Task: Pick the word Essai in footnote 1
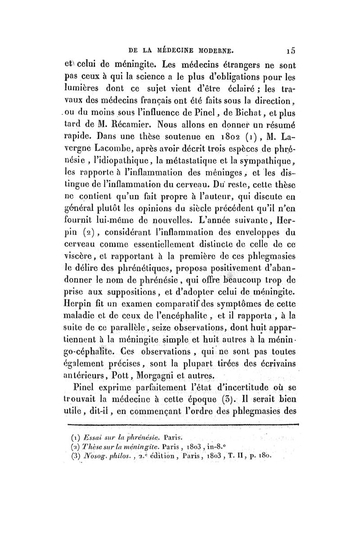93,437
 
